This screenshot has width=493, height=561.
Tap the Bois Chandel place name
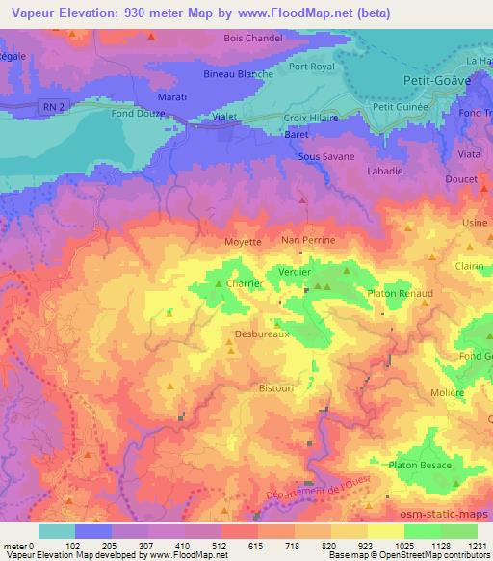[x=251, y=38]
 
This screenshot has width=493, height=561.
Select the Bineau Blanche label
[x=239, y=73]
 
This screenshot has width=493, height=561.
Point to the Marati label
[x=179, y=96]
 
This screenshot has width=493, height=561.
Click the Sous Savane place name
[x=326, y=155]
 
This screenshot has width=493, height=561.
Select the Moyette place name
[x=243, y=242]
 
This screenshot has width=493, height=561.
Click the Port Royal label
[x=311, y=67]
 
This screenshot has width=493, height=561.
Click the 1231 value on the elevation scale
[x=477, y=545]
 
